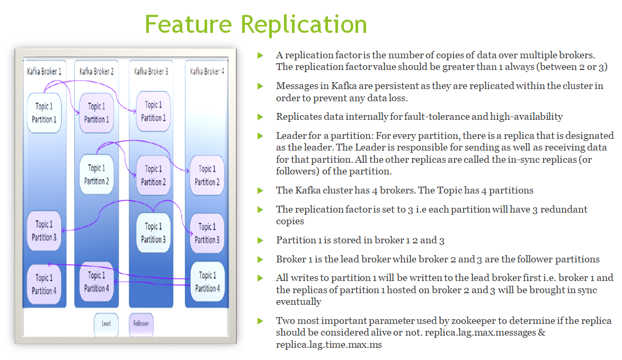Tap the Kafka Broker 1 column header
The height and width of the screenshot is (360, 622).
tap(44, 71)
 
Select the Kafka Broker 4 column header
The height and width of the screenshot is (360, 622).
tap(207, 71)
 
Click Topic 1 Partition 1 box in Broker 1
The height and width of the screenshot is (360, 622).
tap(44, 112)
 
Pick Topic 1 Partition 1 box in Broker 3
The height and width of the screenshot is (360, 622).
tap(153, 111)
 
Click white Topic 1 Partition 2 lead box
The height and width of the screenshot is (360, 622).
tap(96, 174)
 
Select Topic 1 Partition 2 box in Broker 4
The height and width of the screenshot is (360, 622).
tap(207, 175)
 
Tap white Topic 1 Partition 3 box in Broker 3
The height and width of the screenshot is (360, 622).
tap(153, 232)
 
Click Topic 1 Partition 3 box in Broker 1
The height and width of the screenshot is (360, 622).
tap(45, 231)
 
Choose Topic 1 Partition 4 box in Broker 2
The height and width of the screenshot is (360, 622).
tap(96, 282)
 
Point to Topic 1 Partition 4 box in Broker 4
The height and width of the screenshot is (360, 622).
tap(207, 282)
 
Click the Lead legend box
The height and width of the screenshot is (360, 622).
tap(106, 323)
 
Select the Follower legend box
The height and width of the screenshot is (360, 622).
tap(141, 323)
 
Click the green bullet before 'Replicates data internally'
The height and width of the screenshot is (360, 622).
tap(260, 117)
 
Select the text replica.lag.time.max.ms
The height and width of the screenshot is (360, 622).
tap(328, 345)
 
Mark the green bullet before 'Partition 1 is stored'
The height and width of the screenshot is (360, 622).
tap(260, 241)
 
